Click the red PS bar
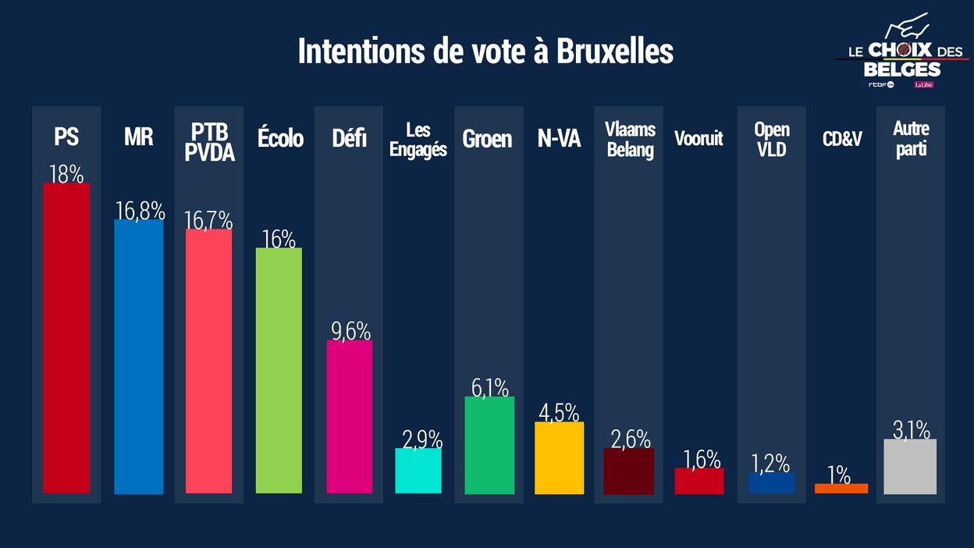pyautogui.click(x=66, y=338)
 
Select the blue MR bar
pyautogui.click(x=139, y=357)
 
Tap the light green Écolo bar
pyautogui.click(x=279, y=370)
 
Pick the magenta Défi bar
pyautogui.click(x=349, y=416)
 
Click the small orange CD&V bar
pyautogui.click(x=841, y=489)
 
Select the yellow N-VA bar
pyautogui.click(x=559, y=457)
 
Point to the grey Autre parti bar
pyautogui.click(x=911, y=466)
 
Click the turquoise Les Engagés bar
pyautogui.click(x=418, y=471)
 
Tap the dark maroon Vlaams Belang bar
pyautogui.click(x=629, y=471)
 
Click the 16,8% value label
pyautogui.click(x=140, y=211)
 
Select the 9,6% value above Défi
pyautogui.click(x=350, y=331)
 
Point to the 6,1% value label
pyautogui.click(x=489, y=387)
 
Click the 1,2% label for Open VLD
pyautogui.click(x=771, y=463)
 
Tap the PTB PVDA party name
pyautogui.click(x=209, y=142)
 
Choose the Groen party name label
pyautogui.click(x=487, y=139)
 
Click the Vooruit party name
pyautogui.click(x=699, y=139)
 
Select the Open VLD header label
pyautogui.click(x=772, y=139)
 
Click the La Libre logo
pyautogui.click(x=924, y=84)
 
